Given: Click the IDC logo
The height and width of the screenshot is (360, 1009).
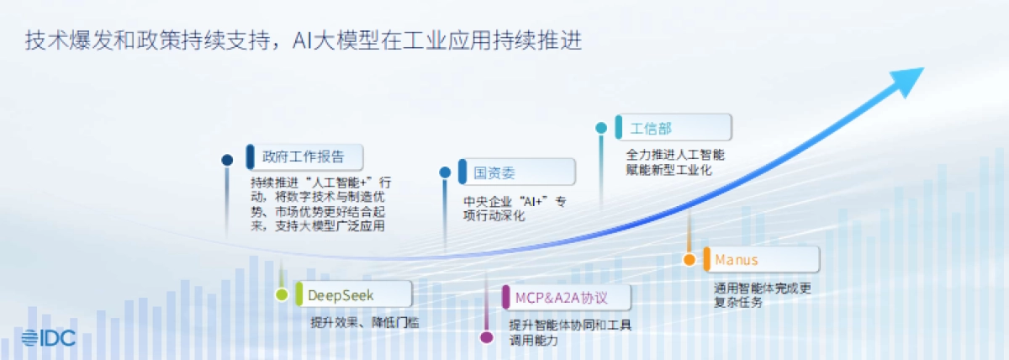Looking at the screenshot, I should tap(49, 338).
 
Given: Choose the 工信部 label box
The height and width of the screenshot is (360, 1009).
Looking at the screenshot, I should tap(672, 128).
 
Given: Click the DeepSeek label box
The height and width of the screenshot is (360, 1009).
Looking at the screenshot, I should tap(352, 294).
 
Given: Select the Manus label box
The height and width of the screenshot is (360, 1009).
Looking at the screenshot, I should tap(761, 259).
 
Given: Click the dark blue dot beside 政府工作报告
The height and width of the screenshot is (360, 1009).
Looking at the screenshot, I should tap(227, 160).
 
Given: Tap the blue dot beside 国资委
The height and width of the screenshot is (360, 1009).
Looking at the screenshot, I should tap(445, 172).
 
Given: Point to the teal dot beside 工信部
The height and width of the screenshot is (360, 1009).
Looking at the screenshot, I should tap(601, 128).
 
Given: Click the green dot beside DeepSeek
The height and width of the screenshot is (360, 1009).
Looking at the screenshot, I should tap(282, 294).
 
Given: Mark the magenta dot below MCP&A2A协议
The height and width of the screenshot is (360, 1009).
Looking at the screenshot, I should tap(486, 338).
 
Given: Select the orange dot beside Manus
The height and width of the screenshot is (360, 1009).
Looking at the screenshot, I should tap(689, 260).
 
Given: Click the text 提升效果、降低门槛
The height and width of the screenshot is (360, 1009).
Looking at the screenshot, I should tap(364, 322).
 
